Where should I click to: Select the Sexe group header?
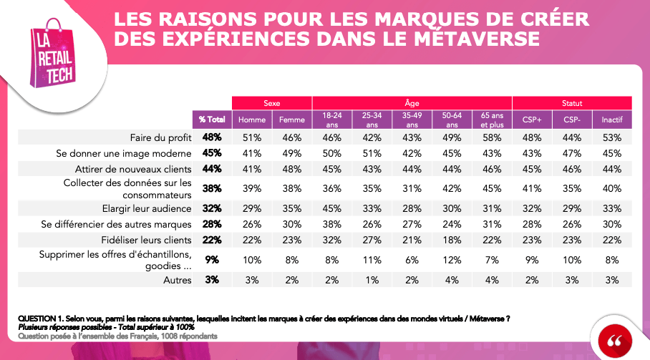(271, 103)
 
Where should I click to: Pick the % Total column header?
(212, 120)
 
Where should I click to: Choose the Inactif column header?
(611, 120)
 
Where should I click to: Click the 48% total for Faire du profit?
(212, 136)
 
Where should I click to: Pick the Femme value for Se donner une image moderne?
(291, 152)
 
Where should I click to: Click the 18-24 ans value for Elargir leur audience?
(331, 209)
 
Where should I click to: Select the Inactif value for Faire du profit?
(611, 136)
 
